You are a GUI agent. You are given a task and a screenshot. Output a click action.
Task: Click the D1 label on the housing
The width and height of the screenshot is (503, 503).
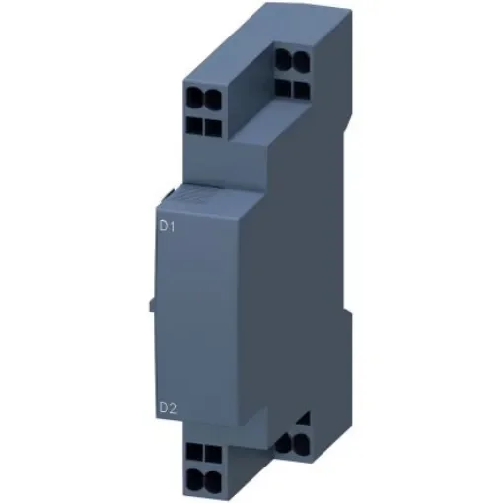167,225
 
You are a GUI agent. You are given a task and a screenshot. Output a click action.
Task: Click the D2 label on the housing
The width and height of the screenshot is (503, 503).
167,405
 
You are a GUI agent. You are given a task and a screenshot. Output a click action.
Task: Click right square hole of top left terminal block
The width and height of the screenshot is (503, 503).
210,126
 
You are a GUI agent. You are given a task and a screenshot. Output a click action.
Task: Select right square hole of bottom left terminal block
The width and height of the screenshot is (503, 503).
210,450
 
